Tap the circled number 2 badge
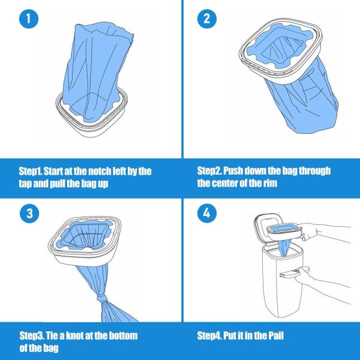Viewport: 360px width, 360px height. (208, 19)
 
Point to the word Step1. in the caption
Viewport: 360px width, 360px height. (34, 171)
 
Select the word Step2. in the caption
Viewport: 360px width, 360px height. (214, 171)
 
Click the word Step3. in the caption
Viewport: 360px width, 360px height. (35, 335)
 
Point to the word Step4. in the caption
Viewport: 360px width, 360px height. (214, 335)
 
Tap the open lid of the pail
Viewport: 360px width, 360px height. (269, 218)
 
